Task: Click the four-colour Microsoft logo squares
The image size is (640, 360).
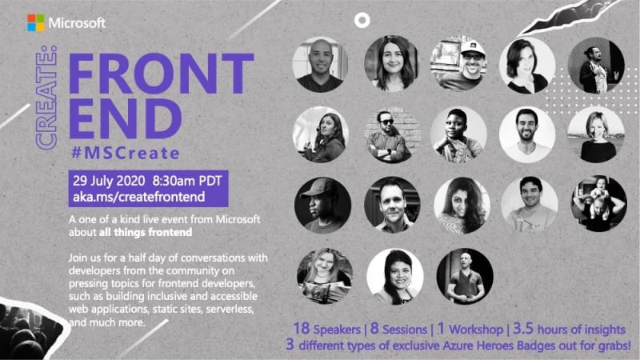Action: tap(36, 23)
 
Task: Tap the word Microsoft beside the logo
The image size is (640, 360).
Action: tap(77, 23)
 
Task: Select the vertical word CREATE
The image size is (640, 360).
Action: tap(46, 98)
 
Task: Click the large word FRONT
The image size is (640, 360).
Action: tap(162, 74)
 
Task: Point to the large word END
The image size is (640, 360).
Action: tap(126, 118)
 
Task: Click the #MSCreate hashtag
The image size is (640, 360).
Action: tap(126, 153)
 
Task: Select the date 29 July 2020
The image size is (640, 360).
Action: tap(109, 181)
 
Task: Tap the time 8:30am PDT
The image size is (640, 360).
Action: tap(187, 181)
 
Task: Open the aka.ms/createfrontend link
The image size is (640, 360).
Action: tap(138, 197)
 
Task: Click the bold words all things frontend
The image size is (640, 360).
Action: tap(146, 232)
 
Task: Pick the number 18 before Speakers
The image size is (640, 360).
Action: tap(302, 328)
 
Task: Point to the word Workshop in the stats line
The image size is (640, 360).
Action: tap(476, 330)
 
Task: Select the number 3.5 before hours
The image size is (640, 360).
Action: tap(523, 328)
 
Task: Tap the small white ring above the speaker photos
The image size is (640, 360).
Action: tap(362, 21)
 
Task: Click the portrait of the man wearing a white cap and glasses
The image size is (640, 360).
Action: tap(458, 64)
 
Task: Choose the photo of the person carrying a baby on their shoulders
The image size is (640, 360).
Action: tap(598, 204)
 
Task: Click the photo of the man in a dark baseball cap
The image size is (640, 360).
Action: tap(322, 206)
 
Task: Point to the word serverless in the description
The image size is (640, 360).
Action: tap(230, 309)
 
